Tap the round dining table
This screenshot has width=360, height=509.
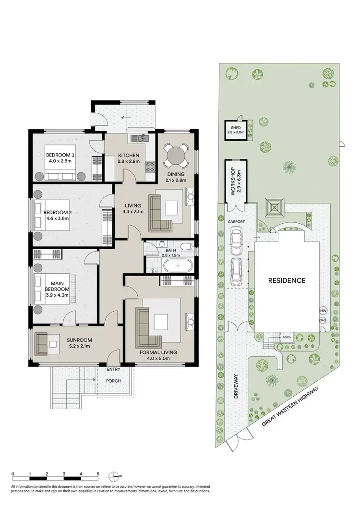pyautogui.click(x=176, y=156)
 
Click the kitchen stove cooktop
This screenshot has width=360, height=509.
pyautogui.click(x=150, y=168)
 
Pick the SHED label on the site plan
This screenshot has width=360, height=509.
pyautogui.click(x=236, y=128)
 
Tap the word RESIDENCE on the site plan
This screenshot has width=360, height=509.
pyautogui.click(x=287, y=280)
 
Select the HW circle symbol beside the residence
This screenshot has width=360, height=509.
pyautogui.click(x=323, y=311)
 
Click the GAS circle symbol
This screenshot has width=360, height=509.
pyautogui.click(x=323, y=320)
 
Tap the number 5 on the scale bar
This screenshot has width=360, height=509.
pyautogui.click(x=98, y=474)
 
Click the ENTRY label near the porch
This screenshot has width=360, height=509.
pyautogui.click(x=114, y=369)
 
